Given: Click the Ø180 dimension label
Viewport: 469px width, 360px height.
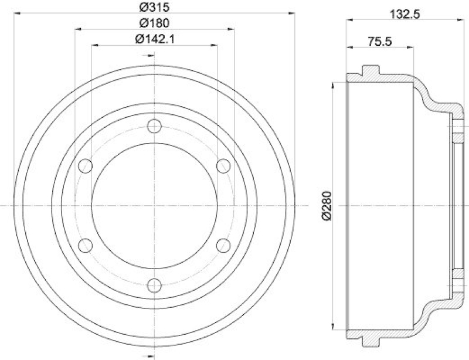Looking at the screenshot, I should click(x=154, y=24).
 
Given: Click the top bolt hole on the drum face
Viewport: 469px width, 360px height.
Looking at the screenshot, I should click(x=154, y=126).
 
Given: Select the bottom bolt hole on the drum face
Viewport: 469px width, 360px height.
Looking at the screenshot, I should click(x=154, y=286).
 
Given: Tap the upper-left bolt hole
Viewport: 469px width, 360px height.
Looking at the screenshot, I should click(x=86, y=166).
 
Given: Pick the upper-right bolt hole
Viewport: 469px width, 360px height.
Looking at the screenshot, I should click(x=223, y=166).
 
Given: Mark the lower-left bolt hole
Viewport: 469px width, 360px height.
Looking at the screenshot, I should click(x=86, y=246).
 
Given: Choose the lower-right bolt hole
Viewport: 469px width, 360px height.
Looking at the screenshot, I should click(x=223, y=246).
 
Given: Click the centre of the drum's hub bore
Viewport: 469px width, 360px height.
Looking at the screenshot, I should click(x=154, y=206).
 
